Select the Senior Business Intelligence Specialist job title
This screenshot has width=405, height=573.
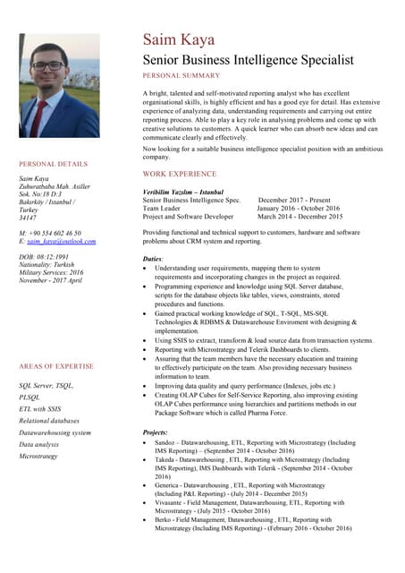pyautogui.click(x=248, y=60)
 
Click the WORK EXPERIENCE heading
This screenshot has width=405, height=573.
pyautogui.click(x=180, y=174)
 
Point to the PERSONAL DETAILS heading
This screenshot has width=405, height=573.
pyautogui.click(x=54, y=164)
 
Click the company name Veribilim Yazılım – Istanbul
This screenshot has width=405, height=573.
pyautogui.click(x=182, y=192)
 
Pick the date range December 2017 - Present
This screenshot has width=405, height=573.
pyautogui.click(x=294, y=201)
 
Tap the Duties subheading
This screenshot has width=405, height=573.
pyautogui.click(x=153, y=259)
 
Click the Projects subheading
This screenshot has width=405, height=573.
pyautogui.click(x=156, y=432)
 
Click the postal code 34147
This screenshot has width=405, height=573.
pyautogui.click(x=28, y=218)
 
